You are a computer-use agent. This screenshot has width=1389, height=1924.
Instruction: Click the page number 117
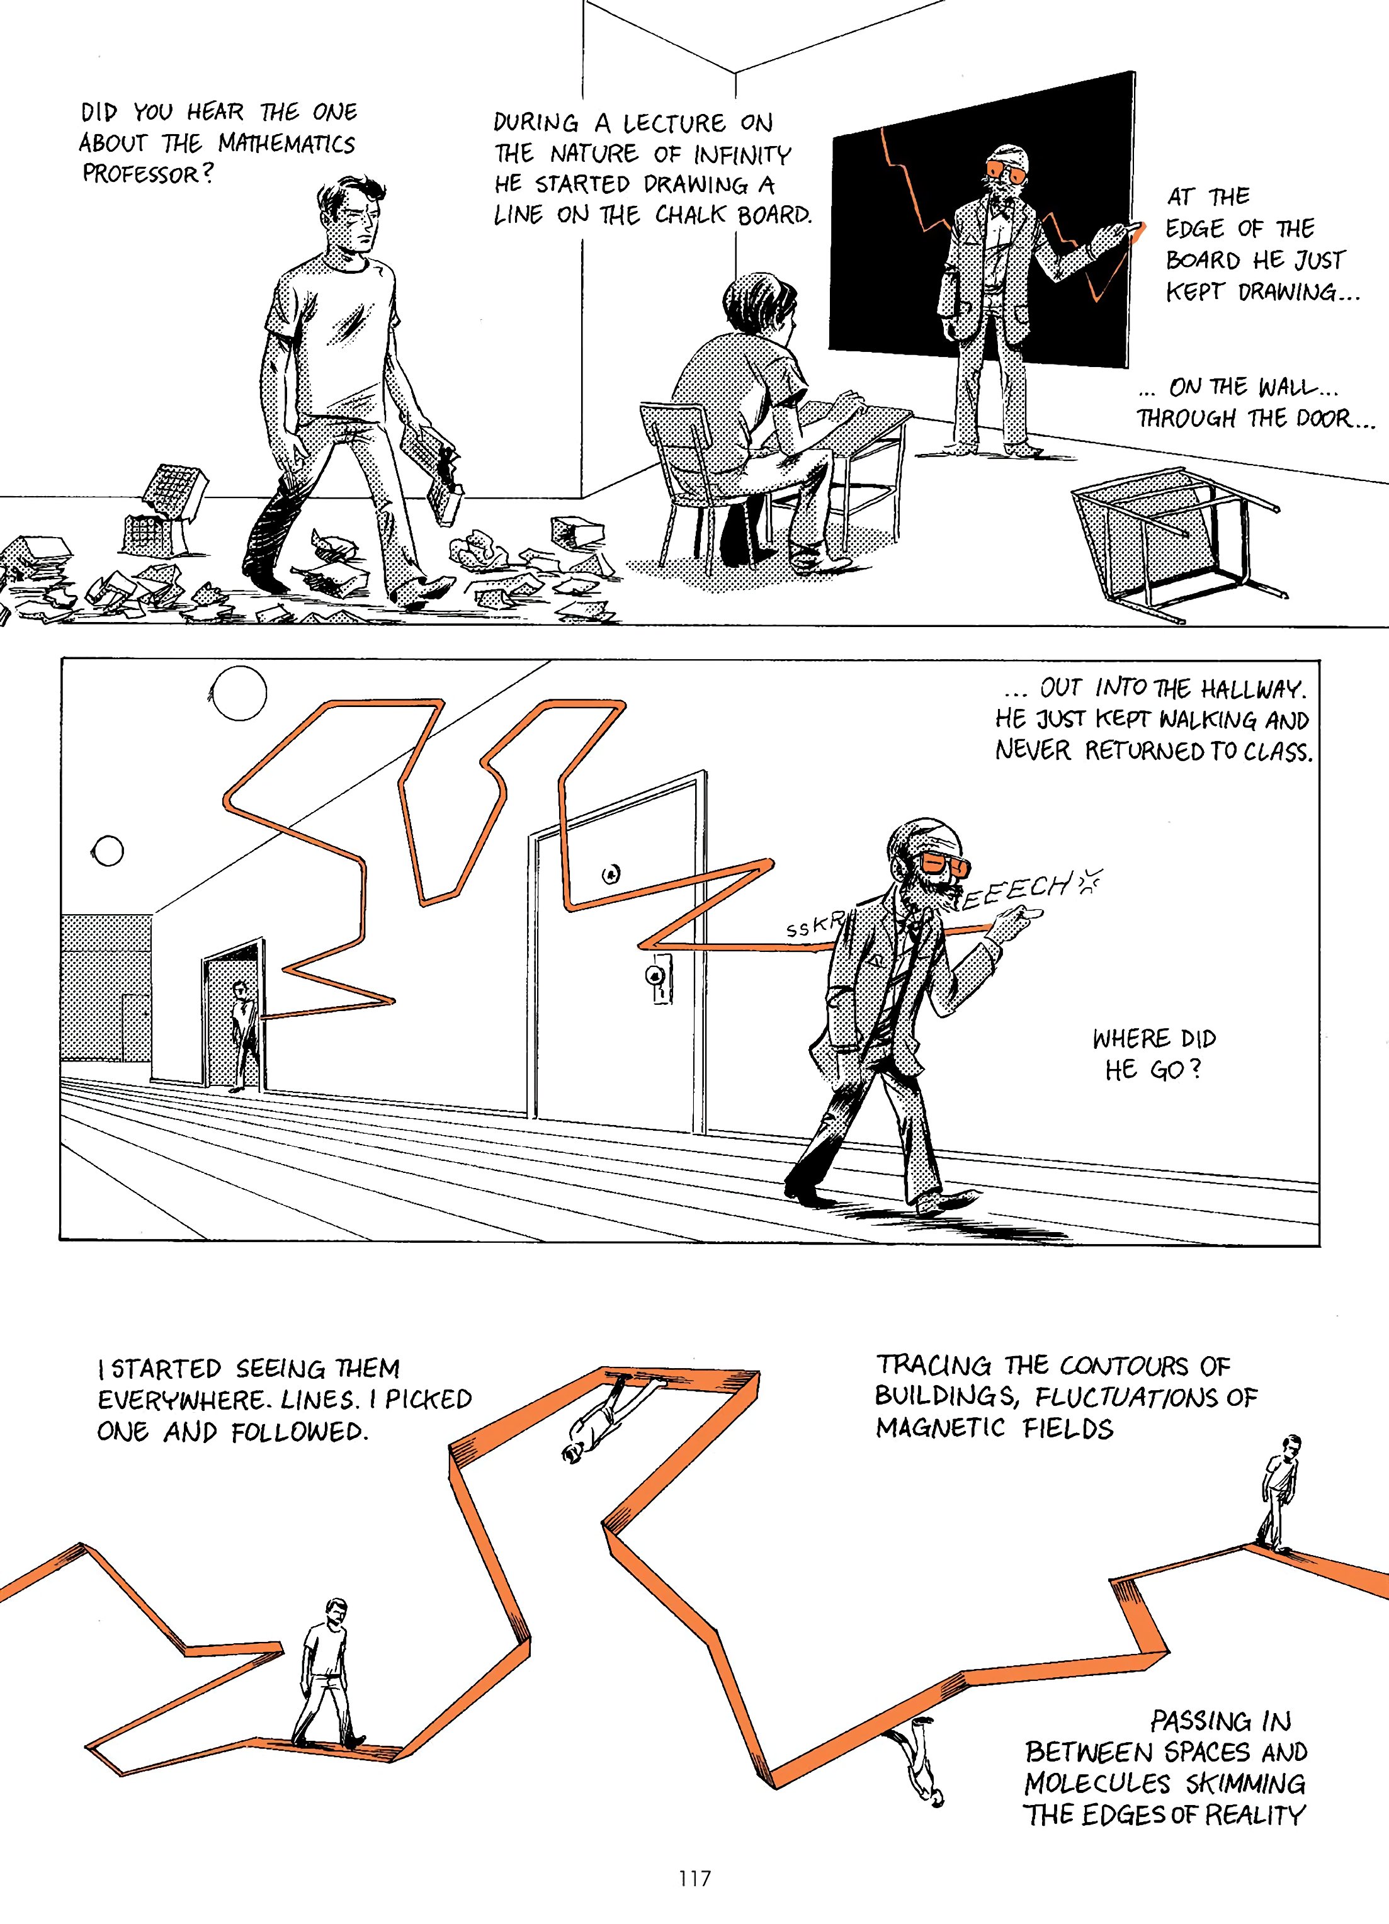pos(694,1878)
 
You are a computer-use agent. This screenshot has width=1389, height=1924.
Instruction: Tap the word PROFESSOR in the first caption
pos(140,174)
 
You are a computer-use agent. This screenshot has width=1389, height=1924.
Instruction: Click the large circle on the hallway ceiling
pos(239,693)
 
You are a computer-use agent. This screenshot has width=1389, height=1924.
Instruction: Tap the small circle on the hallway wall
pos(108,850)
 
